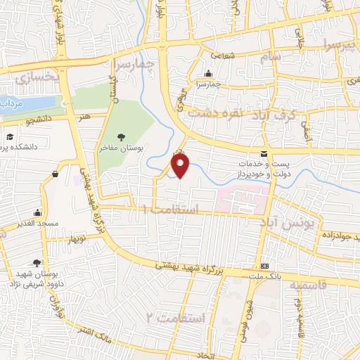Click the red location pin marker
click(181, 165)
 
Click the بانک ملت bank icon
click(264, 266)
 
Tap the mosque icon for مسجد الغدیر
click(37, 213)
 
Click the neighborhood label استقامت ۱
click(171, 210)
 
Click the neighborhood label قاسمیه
click(309, 287)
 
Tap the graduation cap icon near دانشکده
click(11, 137)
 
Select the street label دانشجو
click(41, 120)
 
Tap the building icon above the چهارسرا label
click(207, 74)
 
